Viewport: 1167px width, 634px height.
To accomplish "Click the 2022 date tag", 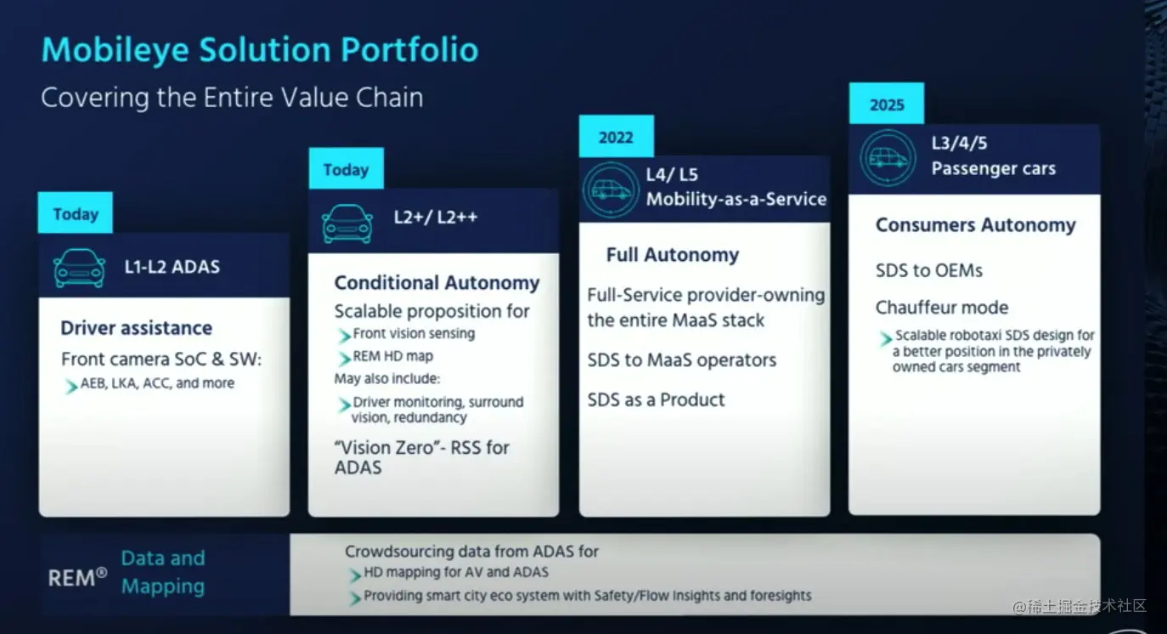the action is coord(617,136).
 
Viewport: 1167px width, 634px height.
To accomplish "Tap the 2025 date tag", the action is coord(887,103).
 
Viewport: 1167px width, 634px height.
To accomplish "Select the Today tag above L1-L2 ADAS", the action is coord(76,212).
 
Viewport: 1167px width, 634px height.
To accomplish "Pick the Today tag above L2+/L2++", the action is coord(347,168).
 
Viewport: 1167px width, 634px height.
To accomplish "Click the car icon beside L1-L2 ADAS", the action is coord(79,268).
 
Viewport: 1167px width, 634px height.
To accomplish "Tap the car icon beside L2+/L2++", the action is coord(347,224).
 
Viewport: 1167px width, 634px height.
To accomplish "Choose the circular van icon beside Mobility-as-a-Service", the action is coord(611,190).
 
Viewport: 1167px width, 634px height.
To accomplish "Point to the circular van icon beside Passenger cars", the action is coord(888,158).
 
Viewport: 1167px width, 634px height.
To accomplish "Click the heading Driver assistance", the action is coord(137,328).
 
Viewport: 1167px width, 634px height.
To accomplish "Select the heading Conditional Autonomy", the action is coord(437,283).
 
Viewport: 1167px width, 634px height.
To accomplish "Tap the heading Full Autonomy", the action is coord(673,254).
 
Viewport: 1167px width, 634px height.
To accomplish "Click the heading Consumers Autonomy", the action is coord(976,224).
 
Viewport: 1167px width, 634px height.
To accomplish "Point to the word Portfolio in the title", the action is coord(409,50).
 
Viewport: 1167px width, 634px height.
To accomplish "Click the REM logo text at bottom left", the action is coord(77,578).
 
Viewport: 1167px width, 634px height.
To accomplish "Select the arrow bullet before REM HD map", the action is coord(344,358).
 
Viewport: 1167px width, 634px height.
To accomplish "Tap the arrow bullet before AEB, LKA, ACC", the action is coord(70,387).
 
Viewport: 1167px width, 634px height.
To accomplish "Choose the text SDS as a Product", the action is coord(656,400).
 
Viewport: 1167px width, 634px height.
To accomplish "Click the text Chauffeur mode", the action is coord(942,308).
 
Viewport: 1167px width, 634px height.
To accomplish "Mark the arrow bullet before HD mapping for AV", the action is coord(355,575).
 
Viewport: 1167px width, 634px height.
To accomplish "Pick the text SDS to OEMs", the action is coord(929,270).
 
